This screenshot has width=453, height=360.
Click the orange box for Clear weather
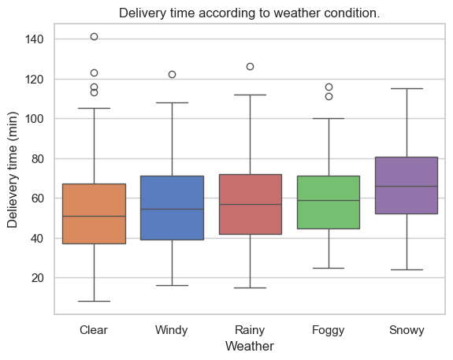click(x=95, y=213)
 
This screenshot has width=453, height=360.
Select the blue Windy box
click(x=173, y=208)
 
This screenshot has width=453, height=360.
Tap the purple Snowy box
click(x=407, y=185)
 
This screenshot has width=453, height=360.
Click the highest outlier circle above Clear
click(x=95, y=37)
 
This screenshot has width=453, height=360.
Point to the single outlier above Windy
click(x=173, y=75)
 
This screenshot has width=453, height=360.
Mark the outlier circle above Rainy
click(x=251, y=67)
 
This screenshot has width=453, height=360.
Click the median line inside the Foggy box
click(x=329, y=201)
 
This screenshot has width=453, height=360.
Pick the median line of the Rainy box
click(x=251, y=205)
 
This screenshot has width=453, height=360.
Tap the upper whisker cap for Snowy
click(x=407, y=89)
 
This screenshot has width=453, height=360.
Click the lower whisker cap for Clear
click(x=95, y=302)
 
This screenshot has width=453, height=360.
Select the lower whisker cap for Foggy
click(x=329, y=269)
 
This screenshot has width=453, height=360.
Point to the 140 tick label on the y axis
click(x=35, y=39)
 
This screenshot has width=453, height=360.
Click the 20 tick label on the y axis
click(x=38, y=278)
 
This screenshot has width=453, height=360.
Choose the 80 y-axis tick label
click(x=38, y=158)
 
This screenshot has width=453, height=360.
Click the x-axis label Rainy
click(x=250, y=330)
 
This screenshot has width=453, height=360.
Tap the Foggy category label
click(x=329, y=330)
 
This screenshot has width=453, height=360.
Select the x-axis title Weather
click(x=250, y=346)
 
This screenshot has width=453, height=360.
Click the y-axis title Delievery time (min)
click(x=13, y=170)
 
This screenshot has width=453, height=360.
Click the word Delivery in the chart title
click(x=143, y=13)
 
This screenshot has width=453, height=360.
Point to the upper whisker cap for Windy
click(x=173, y=103)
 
